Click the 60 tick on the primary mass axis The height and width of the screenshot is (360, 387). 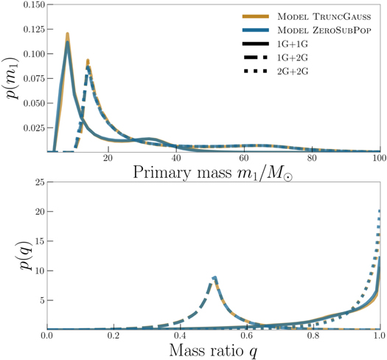244,159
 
